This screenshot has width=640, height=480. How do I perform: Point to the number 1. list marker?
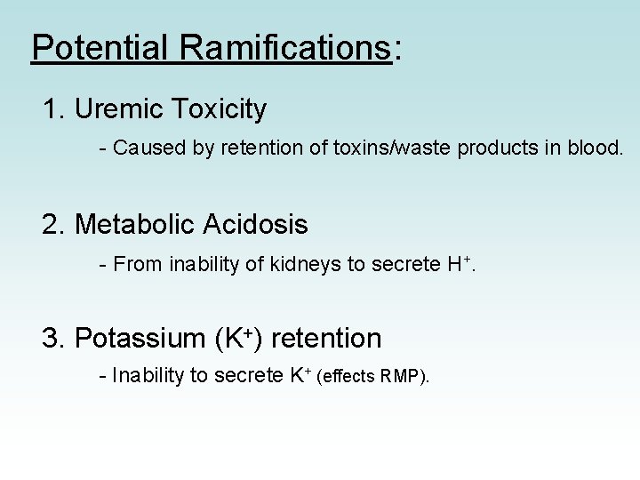tap(54, 109)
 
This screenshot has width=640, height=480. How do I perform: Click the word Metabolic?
tap(138, 225)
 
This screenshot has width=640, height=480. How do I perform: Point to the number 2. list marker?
tap(54, 225)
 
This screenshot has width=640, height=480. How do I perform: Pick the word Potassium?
tap(140, 339)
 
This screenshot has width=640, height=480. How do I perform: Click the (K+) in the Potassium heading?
tap(239, 339)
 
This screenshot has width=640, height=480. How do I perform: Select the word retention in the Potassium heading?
tap(325, 339)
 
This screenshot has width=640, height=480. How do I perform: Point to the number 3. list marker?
tap(54, 339)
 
